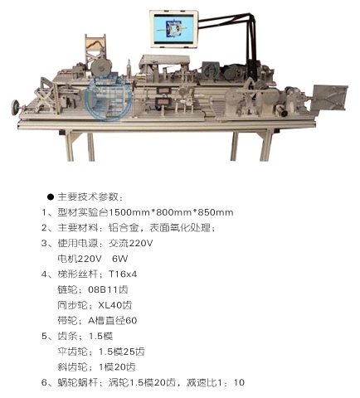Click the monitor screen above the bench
point(174,28)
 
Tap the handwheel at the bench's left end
point(16,106)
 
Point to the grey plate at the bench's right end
point(330,98)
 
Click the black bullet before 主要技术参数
point(51,197)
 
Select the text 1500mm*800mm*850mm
point(171,212)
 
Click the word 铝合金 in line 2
point(124,228)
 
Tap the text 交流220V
point(130,243)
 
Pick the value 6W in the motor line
point(120,259)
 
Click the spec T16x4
point(123,274)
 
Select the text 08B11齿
point(108,289)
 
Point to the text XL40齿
point(115,305)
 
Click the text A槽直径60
point(112,321)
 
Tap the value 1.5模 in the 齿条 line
point(100,336)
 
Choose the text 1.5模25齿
point(122,352)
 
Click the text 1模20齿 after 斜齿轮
point(117,367)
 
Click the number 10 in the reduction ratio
point(239,382)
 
